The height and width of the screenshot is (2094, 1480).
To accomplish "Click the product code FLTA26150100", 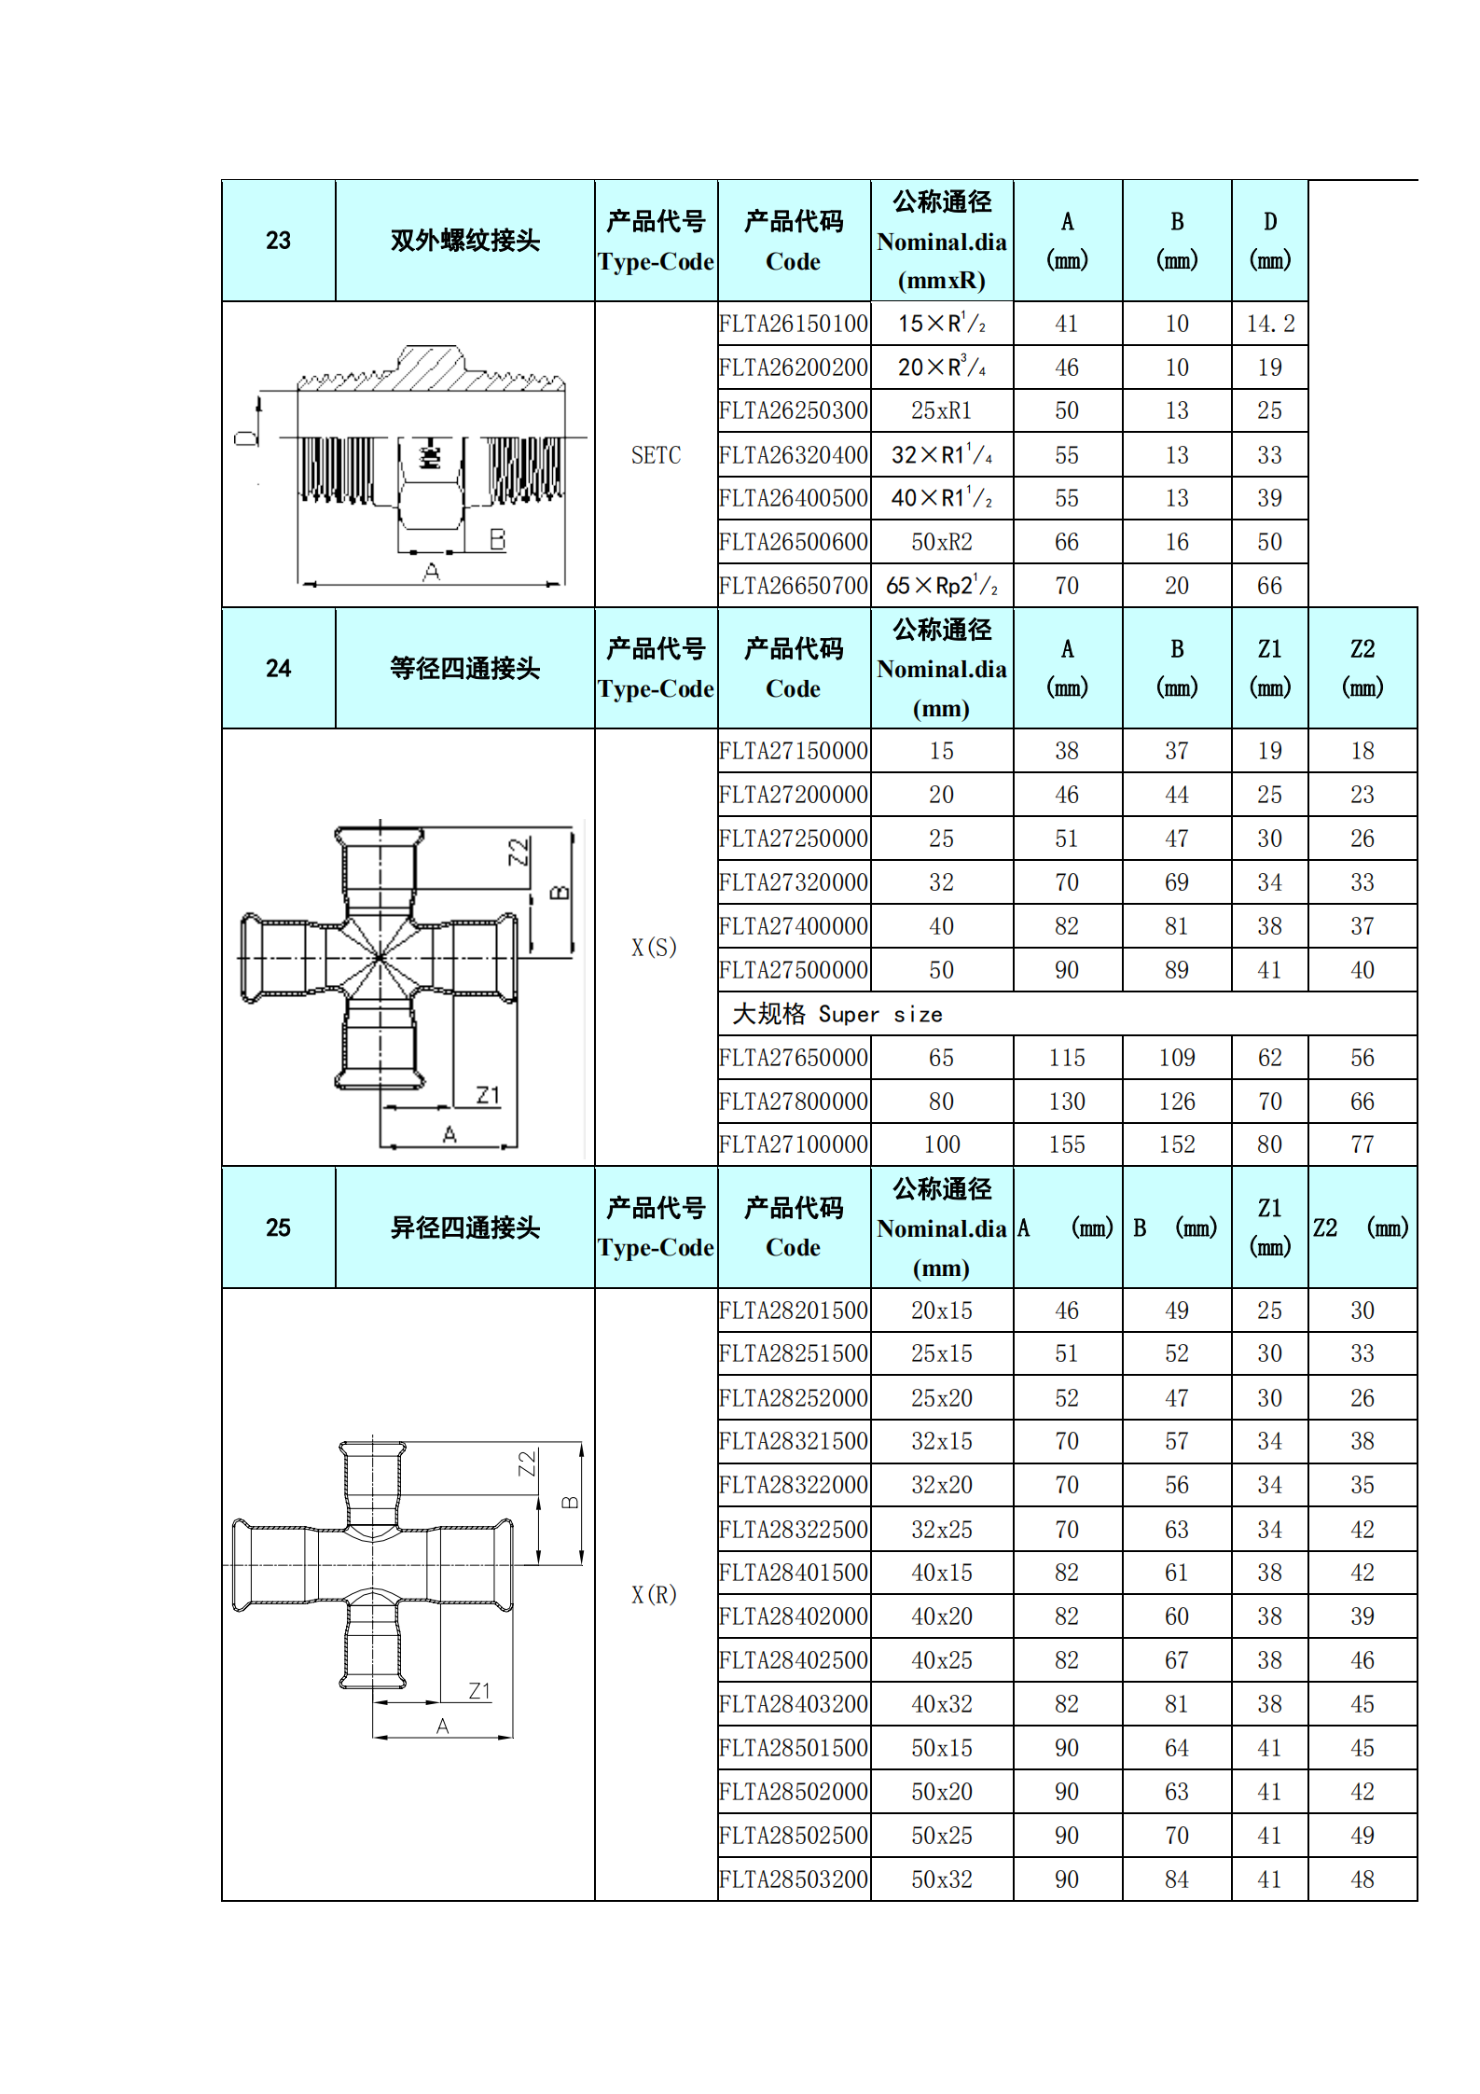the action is (x=794, y=324).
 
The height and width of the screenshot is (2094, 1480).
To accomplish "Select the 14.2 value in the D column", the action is (x=1270, y=324).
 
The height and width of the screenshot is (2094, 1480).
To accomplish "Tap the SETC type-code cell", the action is (x=656, y=455).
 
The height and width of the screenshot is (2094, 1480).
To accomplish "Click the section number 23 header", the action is (x=278, y=241).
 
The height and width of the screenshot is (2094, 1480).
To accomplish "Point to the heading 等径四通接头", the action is (x=464, y=669).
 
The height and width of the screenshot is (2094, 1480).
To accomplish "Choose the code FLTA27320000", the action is (x=794, y=882).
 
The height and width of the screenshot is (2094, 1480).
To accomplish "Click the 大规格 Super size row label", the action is (x=837, y=1014).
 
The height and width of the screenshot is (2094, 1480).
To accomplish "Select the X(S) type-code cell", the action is (x=654, y=948).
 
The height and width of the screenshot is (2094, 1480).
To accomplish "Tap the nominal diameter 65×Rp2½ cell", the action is (x=942, y=586).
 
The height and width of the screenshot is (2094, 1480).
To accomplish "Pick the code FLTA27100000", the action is (x=794, y=1144).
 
